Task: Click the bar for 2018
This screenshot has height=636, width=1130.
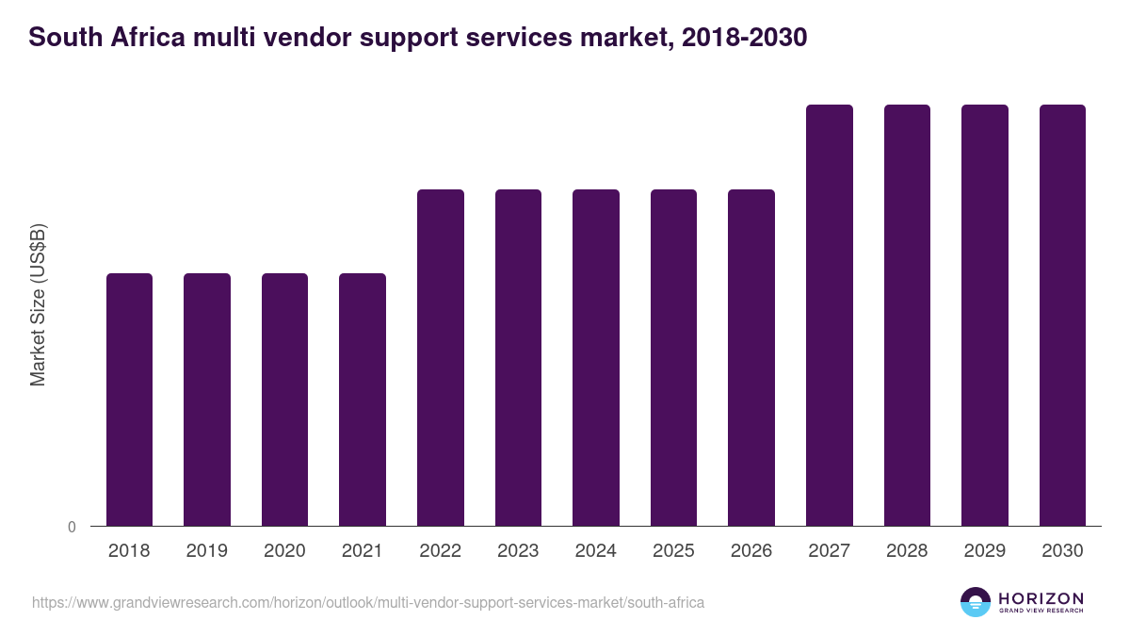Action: click(129, 400)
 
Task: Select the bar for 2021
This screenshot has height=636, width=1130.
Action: click(363, 400)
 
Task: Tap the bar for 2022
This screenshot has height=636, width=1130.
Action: click(441, 358)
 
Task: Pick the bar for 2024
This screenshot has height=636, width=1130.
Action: click(596, 358)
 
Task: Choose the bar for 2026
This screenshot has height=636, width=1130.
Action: click(751, 358)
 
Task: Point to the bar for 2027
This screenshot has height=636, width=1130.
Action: click(830, 316)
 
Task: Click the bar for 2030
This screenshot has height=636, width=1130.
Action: click(1062, 316)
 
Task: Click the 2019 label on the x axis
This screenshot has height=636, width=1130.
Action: click(207, 551)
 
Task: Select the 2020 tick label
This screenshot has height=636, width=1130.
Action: click(284, 551)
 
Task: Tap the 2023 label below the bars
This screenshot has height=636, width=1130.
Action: click(518, 551)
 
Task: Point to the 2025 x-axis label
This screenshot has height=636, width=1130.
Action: click(673, 551)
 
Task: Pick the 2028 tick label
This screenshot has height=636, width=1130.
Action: click(907, 551)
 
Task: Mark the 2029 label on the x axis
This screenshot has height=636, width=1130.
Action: click(985, 551)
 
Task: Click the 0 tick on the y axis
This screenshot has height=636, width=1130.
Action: click(72, 527)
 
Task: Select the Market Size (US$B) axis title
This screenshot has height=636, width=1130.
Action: click(38, 304)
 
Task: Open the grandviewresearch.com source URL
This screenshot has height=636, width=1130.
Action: click(368, 602)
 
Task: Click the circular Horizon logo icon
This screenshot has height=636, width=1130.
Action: click(976, 602)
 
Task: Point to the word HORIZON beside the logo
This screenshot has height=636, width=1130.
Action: click(1041, 598)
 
